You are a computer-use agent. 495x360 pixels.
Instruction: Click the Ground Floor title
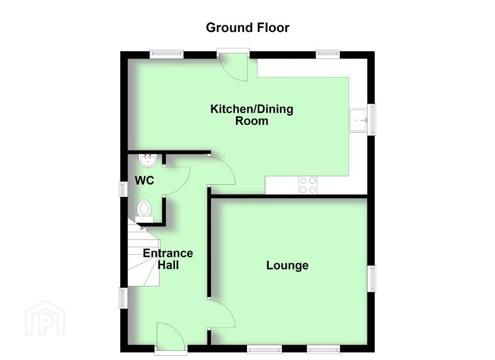coord(247,28)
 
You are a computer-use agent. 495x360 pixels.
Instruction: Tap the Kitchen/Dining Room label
coord(251,115)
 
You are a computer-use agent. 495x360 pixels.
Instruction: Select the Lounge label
coord(287,265)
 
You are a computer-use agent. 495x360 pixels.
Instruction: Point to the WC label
coord(144,180)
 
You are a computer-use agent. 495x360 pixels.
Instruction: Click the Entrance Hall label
coord(168,259)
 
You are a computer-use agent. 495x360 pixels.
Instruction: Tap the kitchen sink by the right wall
coord(358,120)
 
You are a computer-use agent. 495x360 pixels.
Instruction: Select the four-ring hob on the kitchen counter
coord(308,185)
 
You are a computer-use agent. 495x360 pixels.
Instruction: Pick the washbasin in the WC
coord(148,161)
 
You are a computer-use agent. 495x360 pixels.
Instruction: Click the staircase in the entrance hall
coord(144,253)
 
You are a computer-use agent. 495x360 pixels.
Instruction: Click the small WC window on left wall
coord(123,189)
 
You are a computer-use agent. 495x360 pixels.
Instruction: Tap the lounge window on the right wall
coord(372,278)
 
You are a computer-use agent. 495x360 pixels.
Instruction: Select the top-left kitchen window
coord(167,54)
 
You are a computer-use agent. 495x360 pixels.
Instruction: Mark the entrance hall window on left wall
coord(123,298)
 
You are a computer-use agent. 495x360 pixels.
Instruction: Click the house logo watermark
coord(45,318)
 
